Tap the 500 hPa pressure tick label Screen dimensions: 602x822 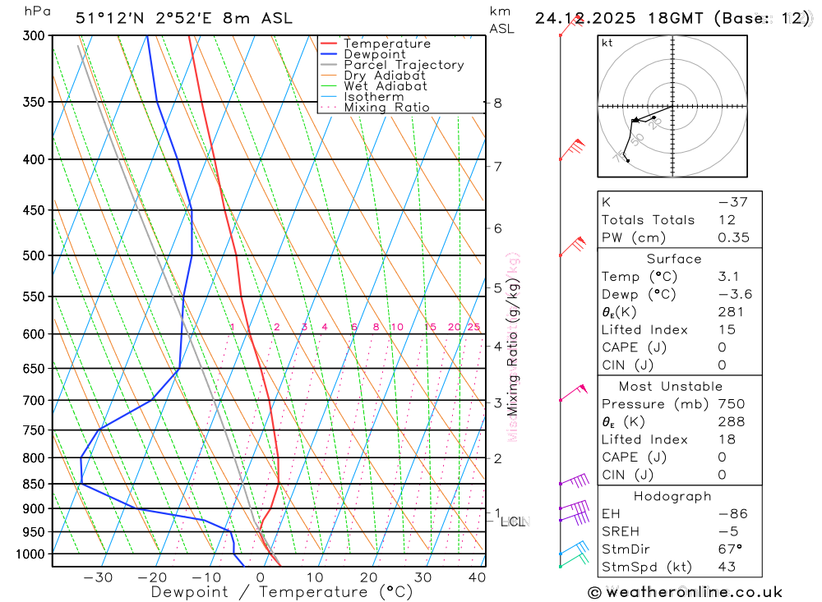(35, 255)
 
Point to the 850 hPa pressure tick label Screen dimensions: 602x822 (35, 484)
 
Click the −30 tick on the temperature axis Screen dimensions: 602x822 (99, 577)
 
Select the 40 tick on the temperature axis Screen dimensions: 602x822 (477, 577)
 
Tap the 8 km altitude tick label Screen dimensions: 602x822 (498, 103)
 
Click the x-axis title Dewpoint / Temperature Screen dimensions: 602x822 (282, 592)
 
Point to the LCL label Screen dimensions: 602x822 (513, 522)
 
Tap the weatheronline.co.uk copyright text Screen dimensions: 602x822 (685, 592)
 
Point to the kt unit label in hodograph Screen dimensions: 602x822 (607, 43)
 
